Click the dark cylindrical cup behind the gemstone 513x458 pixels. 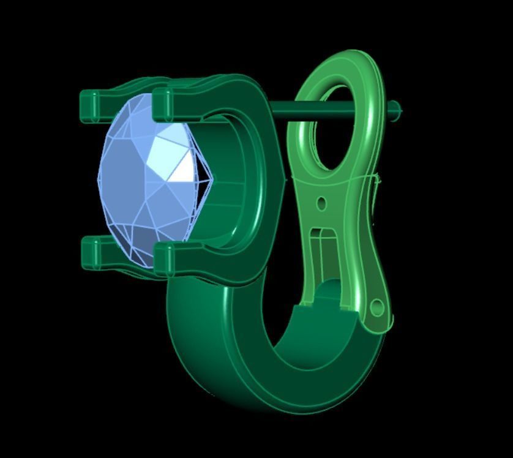[x=233, y=184]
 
